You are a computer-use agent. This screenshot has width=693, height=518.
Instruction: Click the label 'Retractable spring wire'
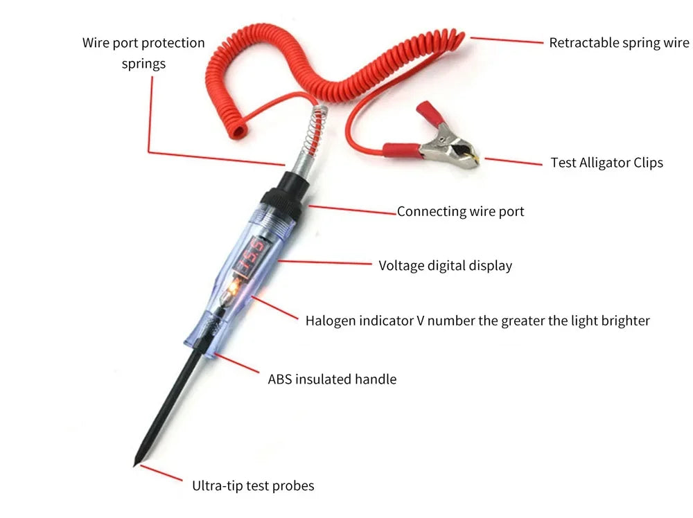pos(619,43)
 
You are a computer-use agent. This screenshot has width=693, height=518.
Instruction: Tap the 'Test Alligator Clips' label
pos(606,163)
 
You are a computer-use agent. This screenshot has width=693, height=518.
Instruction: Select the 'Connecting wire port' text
pos(460,212)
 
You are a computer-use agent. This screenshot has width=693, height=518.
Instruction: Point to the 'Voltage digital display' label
pos(445,265)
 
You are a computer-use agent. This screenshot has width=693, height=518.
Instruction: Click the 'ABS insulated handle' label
pos(332,379)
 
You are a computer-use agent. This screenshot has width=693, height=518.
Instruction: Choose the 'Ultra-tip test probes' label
pos(252,486)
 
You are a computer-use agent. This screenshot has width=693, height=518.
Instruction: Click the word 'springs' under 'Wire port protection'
pos(143,64)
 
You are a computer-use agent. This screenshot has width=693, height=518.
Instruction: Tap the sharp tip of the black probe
pos(135,464)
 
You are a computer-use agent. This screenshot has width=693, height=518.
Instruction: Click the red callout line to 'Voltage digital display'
pos(326,263)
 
